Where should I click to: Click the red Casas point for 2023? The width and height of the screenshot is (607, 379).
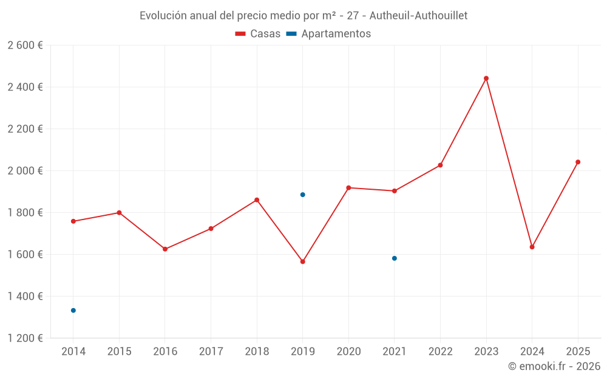click(x=486, y=78)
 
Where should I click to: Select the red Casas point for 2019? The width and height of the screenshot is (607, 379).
click(x=303, y=262)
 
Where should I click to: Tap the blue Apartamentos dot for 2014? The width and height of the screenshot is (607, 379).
click(x=73, y=310)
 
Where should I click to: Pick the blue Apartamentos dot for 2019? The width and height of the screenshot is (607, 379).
click(x=303, y=195)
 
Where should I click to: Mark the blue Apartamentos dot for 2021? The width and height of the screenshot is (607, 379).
click(x=395, y=258)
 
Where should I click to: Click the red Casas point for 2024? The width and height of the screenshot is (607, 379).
click(x=532, y=247)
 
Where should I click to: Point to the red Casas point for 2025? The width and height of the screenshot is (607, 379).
click(x=578, y=162)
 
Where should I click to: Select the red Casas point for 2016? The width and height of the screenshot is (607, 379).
click(x=165, y=249)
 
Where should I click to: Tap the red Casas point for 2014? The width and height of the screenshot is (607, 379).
click(x=73, y=221)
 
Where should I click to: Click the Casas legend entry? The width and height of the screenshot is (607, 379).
click(x=258, y=34)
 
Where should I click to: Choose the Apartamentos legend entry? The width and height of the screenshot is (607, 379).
click(x=328, y=34)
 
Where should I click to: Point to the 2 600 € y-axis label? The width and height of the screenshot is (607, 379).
click(x=25, y=45)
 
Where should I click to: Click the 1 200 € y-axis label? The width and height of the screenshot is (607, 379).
click(x=25, y=338)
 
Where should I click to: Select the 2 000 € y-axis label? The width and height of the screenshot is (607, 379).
click(x=25, y=171)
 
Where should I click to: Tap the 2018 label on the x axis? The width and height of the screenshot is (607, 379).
click(x=257, y=352)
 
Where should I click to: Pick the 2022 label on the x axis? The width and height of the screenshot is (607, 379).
click(x=440, y=352)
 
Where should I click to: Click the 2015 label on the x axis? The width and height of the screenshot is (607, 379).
click(x=119, y=352)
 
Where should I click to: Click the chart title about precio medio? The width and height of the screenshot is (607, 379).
click(x=303, y=16)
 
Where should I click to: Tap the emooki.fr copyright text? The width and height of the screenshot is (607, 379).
click(x=554, y=366)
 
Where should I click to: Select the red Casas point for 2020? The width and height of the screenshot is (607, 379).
click(x=348, y=188)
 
